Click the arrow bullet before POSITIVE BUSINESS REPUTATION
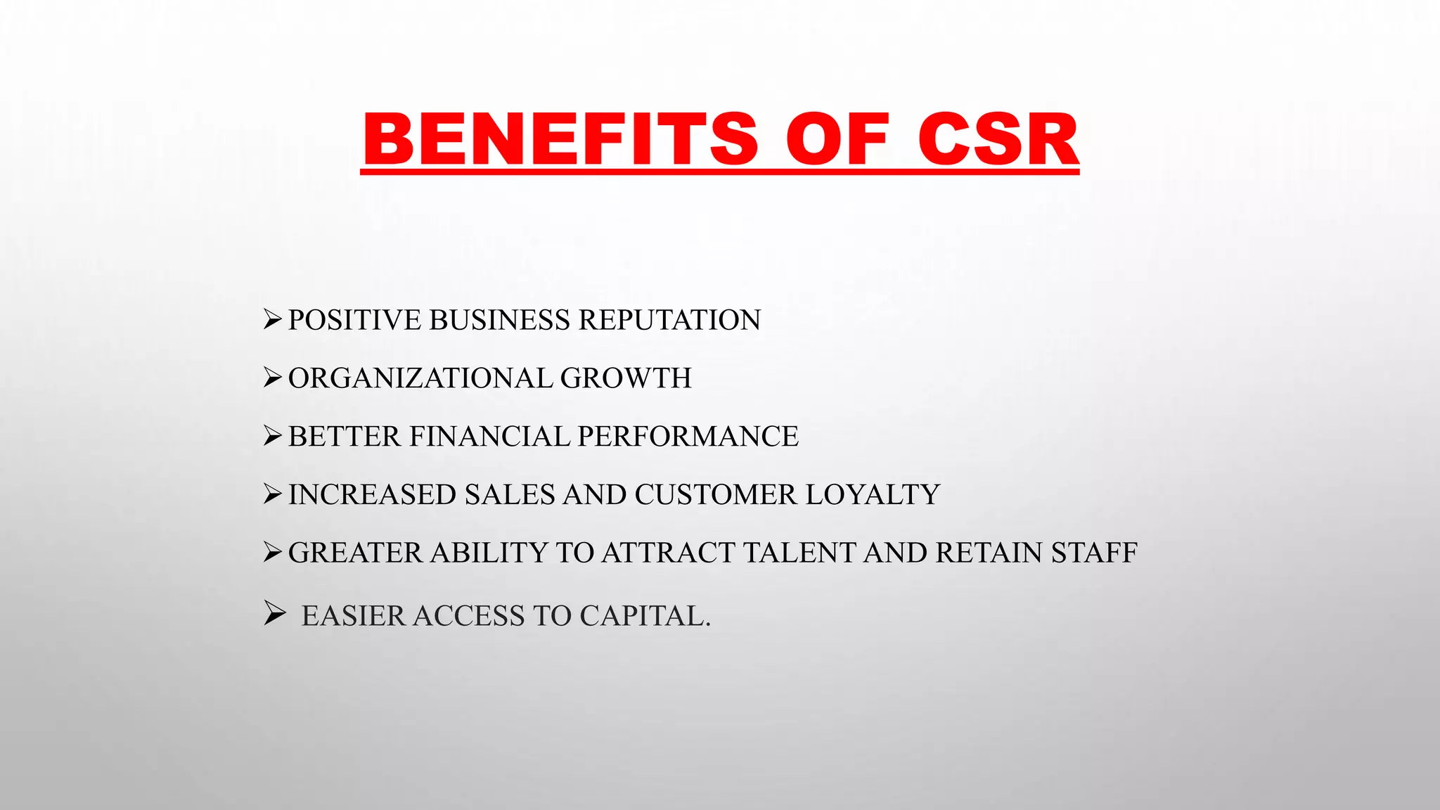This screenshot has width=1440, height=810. click(272, 320)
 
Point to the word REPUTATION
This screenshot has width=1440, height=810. click(669, 321)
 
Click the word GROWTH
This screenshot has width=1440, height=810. click(626, 379)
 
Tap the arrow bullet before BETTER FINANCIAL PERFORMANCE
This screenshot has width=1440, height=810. click(272, 437)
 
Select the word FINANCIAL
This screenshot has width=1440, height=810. click(489, 437)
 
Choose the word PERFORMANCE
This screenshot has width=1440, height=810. click(688, 437)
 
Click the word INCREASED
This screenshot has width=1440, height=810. click(372, 495)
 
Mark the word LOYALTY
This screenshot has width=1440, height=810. click(873, 495)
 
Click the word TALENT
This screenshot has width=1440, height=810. click(799, 553)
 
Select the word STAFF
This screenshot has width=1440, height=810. click(1094, 553)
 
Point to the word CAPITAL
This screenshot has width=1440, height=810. click(645, 617)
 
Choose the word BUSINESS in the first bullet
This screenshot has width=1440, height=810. click(499, 321)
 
